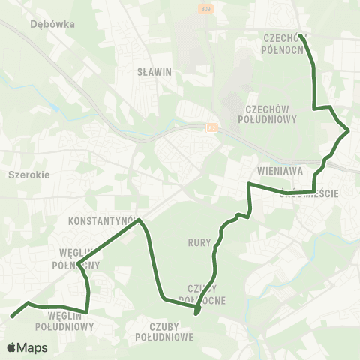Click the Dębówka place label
[52, 23]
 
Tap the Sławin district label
[155, 73]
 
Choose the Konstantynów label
[100, 222]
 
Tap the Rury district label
[199, 242]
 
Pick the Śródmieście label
[310, 193]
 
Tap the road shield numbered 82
[212, 128]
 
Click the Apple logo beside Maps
[12, 347]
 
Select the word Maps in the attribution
[33, 347]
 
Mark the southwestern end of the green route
[13, 316]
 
